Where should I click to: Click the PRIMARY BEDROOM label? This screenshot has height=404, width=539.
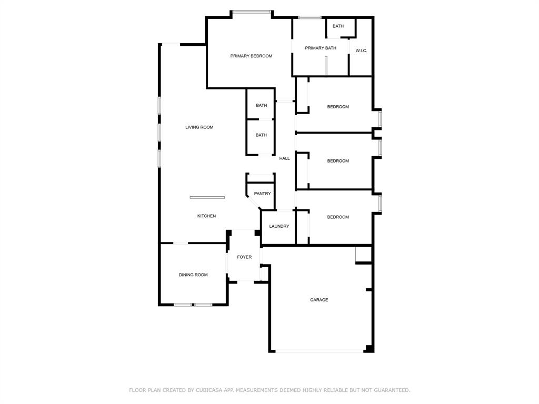tap(251, 56)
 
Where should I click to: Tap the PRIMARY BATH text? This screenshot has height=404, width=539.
tap(321, 48)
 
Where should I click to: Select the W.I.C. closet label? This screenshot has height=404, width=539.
tap(361, 50)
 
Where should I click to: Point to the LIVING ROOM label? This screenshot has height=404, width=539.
tap(199, 127)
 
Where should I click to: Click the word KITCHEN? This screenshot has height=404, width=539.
tap(206, 216)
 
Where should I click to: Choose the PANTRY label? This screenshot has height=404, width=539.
tap(262, 194)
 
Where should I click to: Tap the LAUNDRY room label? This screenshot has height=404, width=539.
tap(279, 226)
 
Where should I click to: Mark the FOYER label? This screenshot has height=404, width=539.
tap(244, 257)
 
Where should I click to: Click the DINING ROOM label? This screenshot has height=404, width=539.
tap(193, 275)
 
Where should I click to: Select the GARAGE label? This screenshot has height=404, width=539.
tap(319, 300)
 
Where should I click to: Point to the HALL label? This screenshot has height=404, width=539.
tap(284, 158)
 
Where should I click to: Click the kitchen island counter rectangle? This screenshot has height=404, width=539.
tap(207, 197)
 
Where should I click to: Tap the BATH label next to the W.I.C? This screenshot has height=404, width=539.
tap(338, 26)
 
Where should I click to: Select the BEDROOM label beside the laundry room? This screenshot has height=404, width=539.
tap(338, 217)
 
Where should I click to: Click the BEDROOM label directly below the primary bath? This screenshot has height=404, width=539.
tap(338, 107)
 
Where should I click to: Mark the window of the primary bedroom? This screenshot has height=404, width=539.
tap(252, 12)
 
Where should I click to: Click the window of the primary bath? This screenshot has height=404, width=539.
tap(310, 17)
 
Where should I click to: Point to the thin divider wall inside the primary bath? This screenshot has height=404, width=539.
tap(326, 66)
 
